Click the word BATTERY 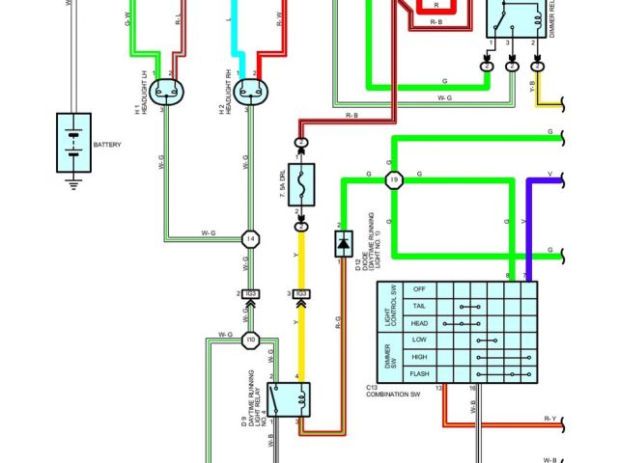(x=107, y=145)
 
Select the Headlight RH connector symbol (x=252, y=92)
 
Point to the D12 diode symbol (x=343, y=244)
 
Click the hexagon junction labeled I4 (x=250, y=237)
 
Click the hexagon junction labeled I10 (x=250, y=340)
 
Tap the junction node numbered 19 (x=393, y=180)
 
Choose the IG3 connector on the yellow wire (x=301, y=293)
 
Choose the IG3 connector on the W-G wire (x=250, y=293)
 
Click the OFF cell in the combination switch (x=419, y=289)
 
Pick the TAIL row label (x=419, y=306)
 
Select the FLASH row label (x=419, y=373)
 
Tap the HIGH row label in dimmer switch (x=419, y=357)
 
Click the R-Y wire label (x=550, y=419)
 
